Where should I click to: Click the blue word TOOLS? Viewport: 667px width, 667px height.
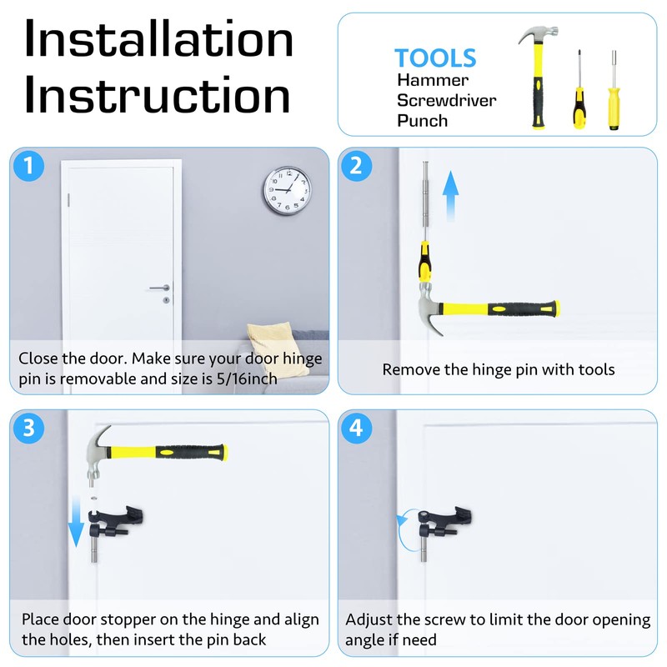tap(435, 58)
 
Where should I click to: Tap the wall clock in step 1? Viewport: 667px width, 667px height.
tap(287, 190)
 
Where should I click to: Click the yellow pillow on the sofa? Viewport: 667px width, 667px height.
tap(278, 348)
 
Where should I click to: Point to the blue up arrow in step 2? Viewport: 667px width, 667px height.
tap(450, 196)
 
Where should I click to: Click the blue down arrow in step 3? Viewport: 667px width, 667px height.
tap(76, 522)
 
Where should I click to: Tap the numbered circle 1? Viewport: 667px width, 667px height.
tap(28, 165)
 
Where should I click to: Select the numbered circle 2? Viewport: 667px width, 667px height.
tap(356, 165)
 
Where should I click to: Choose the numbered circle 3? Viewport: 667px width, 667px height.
tap(28, 428)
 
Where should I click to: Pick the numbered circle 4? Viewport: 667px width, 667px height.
tap(356, 428)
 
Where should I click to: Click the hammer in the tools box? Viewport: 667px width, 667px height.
tap(538, 77)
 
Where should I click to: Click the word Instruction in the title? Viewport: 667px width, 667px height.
tap(158, 94)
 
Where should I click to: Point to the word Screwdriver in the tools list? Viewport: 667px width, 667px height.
tap(446, 100)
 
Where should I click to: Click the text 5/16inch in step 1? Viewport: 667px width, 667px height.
tap(247, 379)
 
